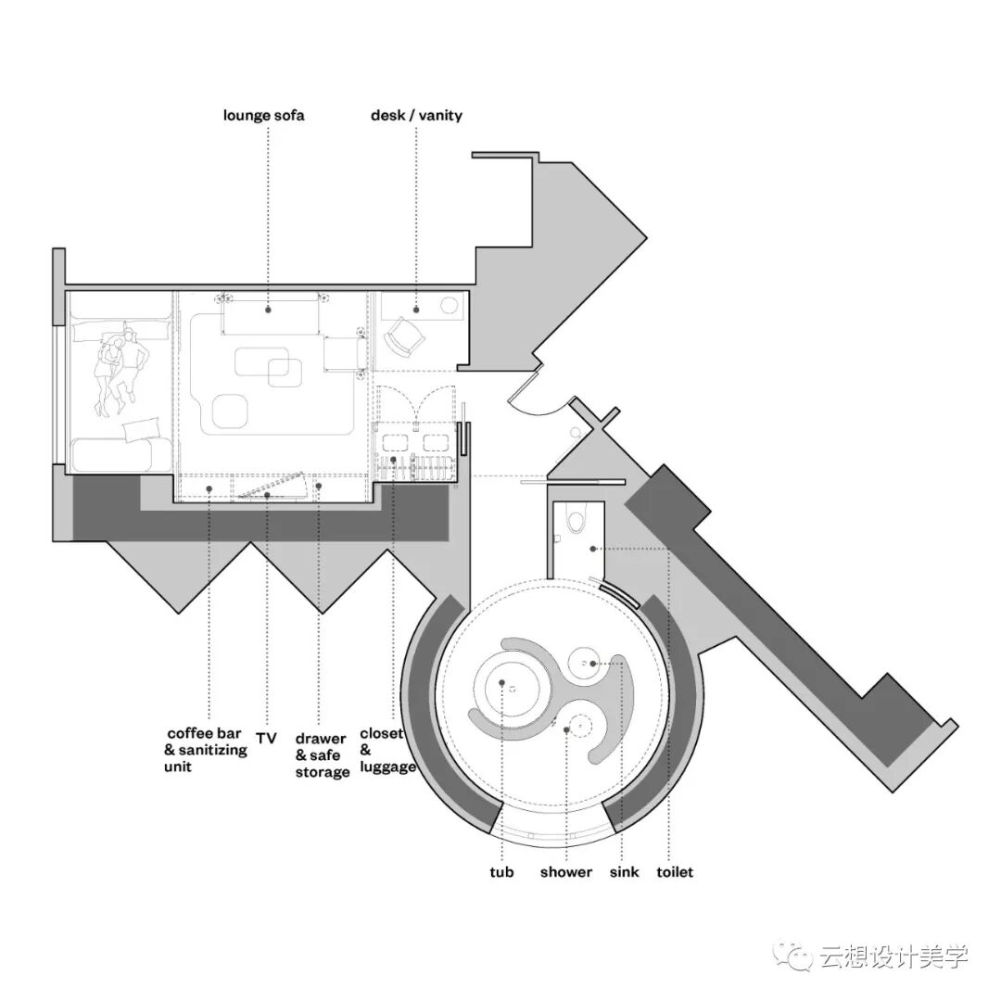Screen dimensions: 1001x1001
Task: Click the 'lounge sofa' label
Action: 263,116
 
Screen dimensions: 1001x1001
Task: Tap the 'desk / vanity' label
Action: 416,116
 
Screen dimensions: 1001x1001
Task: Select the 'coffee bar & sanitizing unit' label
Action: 206,750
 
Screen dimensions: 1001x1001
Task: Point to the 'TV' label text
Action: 266,739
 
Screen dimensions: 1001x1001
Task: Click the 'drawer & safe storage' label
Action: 323,755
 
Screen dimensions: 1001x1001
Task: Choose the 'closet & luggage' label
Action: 387,750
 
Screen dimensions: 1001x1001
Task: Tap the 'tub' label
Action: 501,872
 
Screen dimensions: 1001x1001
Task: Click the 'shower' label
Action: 565,872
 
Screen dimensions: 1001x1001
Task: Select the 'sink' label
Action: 625,872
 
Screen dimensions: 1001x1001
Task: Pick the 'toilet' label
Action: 674,872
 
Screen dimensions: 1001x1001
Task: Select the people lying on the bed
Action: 120,371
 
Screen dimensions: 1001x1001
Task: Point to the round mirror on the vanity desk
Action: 450,306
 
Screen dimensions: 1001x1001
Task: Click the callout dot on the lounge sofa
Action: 268,309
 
